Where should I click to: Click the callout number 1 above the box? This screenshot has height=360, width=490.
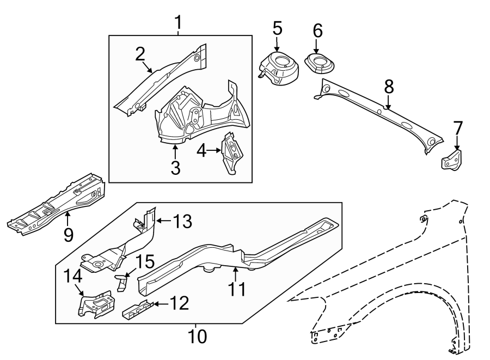(178, 23)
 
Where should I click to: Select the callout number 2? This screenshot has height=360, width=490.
(140, 53)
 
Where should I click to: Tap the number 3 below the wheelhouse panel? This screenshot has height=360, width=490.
(175, 168)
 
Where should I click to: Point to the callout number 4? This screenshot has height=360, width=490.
(201, 151)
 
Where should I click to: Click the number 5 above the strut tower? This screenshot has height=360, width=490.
(277, 27)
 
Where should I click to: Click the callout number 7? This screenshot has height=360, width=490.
(458, 129)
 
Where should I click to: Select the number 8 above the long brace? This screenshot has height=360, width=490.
(388, 86)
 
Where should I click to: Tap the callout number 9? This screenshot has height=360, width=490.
(68, 234)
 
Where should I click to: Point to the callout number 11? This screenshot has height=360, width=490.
(237, 289)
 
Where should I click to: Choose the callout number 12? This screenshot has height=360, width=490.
(180, 303)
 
